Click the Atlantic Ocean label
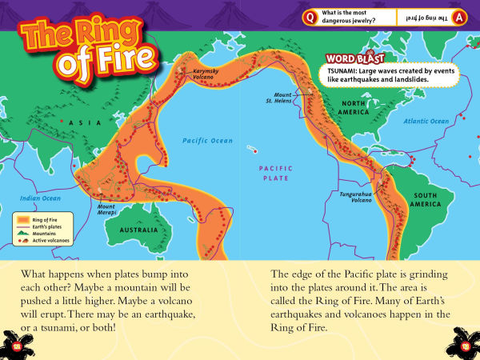click(426, 121)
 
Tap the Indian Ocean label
click(40, 198)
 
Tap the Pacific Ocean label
click(206, 140)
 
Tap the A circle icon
click(458, 17)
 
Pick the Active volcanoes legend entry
click(44, 238)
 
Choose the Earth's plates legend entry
click(44, 224)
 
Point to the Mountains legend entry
click(44, 231)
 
